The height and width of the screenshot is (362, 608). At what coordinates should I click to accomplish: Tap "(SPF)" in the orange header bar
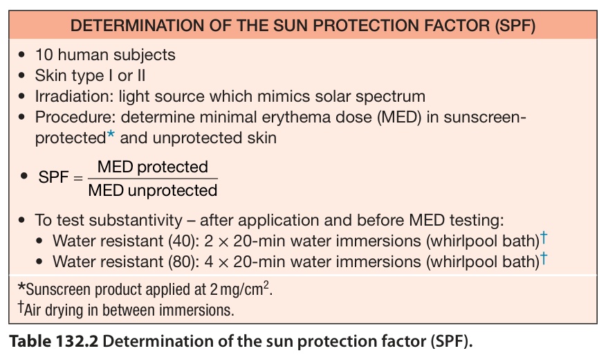pyautogui.click(x=515, y=26)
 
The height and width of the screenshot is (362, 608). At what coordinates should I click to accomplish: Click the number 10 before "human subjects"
pyautogui.click(x=44, y=55)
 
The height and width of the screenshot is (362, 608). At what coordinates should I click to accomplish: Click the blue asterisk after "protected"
pyautogui.click(x=111, y=135)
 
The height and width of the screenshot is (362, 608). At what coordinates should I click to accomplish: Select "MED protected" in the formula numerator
pyautogui.click(x=153, y=167)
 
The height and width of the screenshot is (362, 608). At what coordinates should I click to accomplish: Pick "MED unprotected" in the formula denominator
pyautogui.click(x=153, y=190)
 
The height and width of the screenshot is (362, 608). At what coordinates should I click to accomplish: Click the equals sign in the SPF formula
pyautogui.click(x=78, y=178)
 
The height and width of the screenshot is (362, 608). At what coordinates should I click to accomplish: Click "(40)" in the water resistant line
pyautogui.click(x=183, y=241)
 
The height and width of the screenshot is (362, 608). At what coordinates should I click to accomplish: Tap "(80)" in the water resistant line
pyautogui.click(x=183, y=262)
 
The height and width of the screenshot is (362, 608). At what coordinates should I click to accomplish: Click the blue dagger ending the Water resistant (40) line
pyautogui.click(x=544, y=237)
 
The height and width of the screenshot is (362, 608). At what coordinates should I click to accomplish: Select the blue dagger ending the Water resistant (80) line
pyautogui.click(x=544, y=258)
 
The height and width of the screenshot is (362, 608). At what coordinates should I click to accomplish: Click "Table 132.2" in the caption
pyautogui.click(x=54, y=341)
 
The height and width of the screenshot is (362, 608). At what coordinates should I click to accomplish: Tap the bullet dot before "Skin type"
pyautogui.click(x=21, y=75)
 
